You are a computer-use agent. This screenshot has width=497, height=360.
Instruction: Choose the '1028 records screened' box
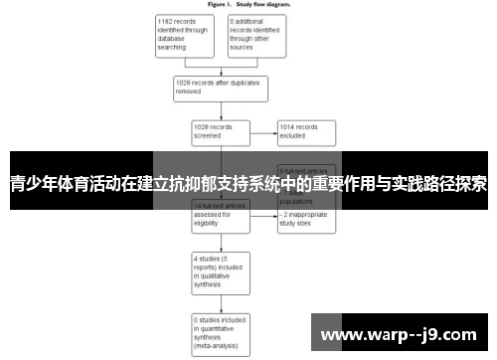[218, 132]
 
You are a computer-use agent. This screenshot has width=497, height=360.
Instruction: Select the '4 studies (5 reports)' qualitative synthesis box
[218, 270]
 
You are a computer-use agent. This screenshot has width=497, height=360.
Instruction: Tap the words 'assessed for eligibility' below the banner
[214, 217]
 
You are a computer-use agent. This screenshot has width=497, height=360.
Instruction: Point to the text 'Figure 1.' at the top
[222, 4]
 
